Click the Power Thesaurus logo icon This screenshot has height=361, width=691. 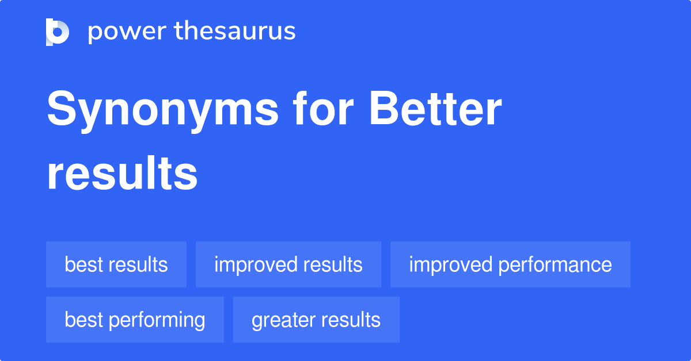click(58, 32)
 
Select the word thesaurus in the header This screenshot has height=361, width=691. click(235, 32)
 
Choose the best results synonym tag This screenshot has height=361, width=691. click(116, 264)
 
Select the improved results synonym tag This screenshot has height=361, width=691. click(288, 264)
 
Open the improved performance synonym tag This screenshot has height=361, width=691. click(510, 264)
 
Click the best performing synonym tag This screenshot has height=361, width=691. click(135, 320)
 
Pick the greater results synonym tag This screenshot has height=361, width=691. click(316, 320)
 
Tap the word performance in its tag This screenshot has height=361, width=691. click(555, 265)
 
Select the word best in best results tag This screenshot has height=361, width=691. click(82, 264)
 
